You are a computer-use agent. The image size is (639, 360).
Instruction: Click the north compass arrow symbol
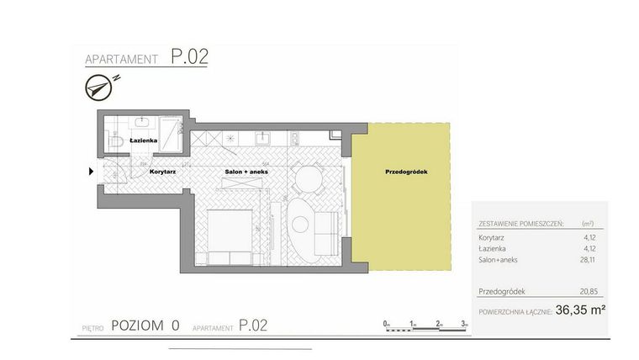(x=100, y=84)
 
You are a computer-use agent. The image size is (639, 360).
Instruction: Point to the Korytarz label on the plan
(x=162, y=172)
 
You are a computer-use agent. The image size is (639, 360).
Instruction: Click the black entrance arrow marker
(x=91, y=172)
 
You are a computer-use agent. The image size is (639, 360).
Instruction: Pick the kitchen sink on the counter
(x=261, y=136)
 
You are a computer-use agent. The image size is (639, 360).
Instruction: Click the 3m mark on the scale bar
(x=464, y=323)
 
